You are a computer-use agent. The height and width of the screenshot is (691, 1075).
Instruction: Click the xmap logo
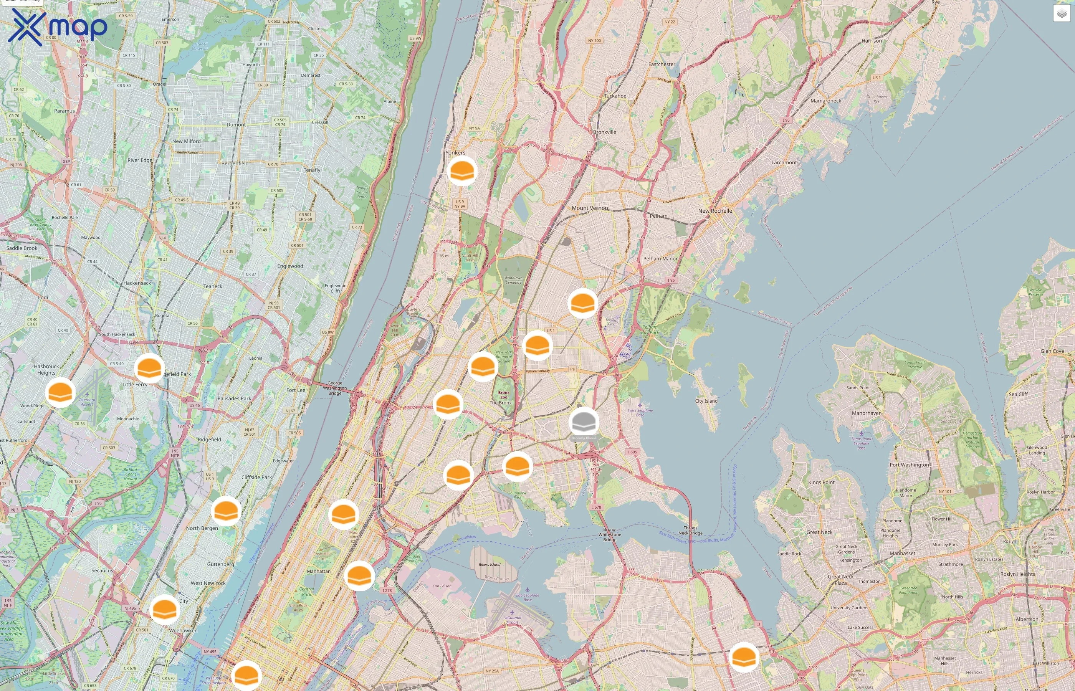pyautogui.click(x=58, y=27)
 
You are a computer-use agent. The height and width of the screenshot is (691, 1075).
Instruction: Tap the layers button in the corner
pyautogui.click(x=1062, y=13)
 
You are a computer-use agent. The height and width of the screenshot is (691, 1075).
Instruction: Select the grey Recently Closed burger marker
pyautogui.click(x=584, y=422)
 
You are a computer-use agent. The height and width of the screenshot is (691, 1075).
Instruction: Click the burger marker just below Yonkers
pyautogui.click(x=462, y=171)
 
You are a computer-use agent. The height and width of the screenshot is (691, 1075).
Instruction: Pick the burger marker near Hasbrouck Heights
pyautogui.click(x=60, y=393)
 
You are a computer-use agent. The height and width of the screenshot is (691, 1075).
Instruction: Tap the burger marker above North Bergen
pyautogui.click(x=226, y=511)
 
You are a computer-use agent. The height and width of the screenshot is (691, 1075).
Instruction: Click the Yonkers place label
pyautogui.click(x=455, y=152)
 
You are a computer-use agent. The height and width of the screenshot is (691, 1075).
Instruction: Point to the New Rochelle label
pyautogui.click(x=715, y=211)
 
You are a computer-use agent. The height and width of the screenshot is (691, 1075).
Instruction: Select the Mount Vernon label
pyautogui.click(x=590, y=208)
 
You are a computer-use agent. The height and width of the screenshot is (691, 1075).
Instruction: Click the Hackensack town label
pyautogui.click(x=137, y=283)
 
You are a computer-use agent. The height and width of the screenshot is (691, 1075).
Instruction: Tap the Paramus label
pyautogui.click(x=64, y=111)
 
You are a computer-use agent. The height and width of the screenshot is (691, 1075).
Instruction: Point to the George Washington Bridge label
pyautogui.click(x=335, y=388)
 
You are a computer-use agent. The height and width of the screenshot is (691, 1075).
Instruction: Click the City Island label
pyautogui.click(x=706, y=401)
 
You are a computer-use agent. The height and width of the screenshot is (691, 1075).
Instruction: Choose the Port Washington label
pyautogui.click(x=909, y=465)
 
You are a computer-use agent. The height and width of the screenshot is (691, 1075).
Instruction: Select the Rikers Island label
pyautogui.click(x=489, y=564)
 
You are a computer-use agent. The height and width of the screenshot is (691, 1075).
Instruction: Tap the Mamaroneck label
pyautogui.click(x=825, y=101)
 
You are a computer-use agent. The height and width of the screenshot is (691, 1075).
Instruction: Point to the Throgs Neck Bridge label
pyautogui.click(x=690, y=531)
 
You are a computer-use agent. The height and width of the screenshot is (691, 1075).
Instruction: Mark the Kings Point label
pyautogui.click(x=821, y=482)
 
